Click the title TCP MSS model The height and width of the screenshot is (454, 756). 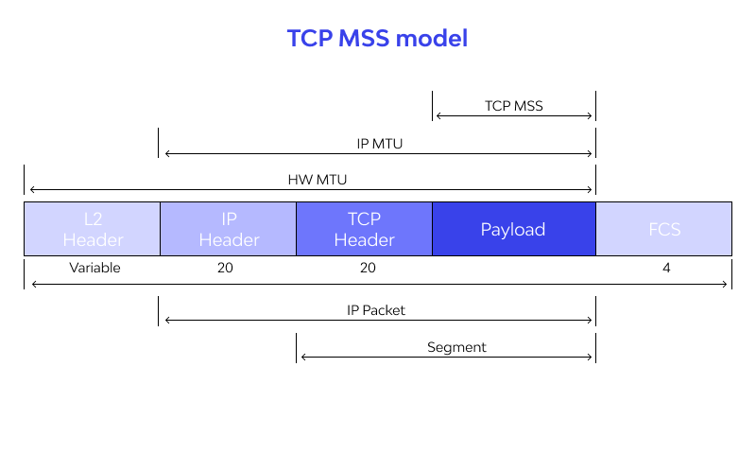point(377,39)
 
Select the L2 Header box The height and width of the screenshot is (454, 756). point(92,229)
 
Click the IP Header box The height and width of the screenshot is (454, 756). point(228,229)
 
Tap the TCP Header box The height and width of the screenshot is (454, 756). point(364,229)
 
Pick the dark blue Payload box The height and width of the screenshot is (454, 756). point(513,229)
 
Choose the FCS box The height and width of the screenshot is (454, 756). point(663,229)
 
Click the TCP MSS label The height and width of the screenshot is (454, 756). point(513,106)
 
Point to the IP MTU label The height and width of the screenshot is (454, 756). point(379,143)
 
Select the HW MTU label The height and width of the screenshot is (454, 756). point(311,179)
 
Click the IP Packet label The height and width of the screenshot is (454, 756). point(376,309)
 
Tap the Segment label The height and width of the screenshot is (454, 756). point(456,347)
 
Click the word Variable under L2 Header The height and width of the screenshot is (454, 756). point(94,268)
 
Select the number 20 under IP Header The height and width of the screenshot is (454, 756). point(225,268)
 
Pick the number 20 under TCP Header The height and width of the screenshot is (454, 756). point(368,268)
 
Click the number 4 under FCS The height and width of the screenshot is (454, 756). point(666,268)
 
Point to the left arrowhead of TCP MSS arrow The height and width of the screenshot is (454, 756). point(438,115)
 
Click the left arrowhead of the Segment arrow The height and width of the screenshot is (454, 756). point(302,357)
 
